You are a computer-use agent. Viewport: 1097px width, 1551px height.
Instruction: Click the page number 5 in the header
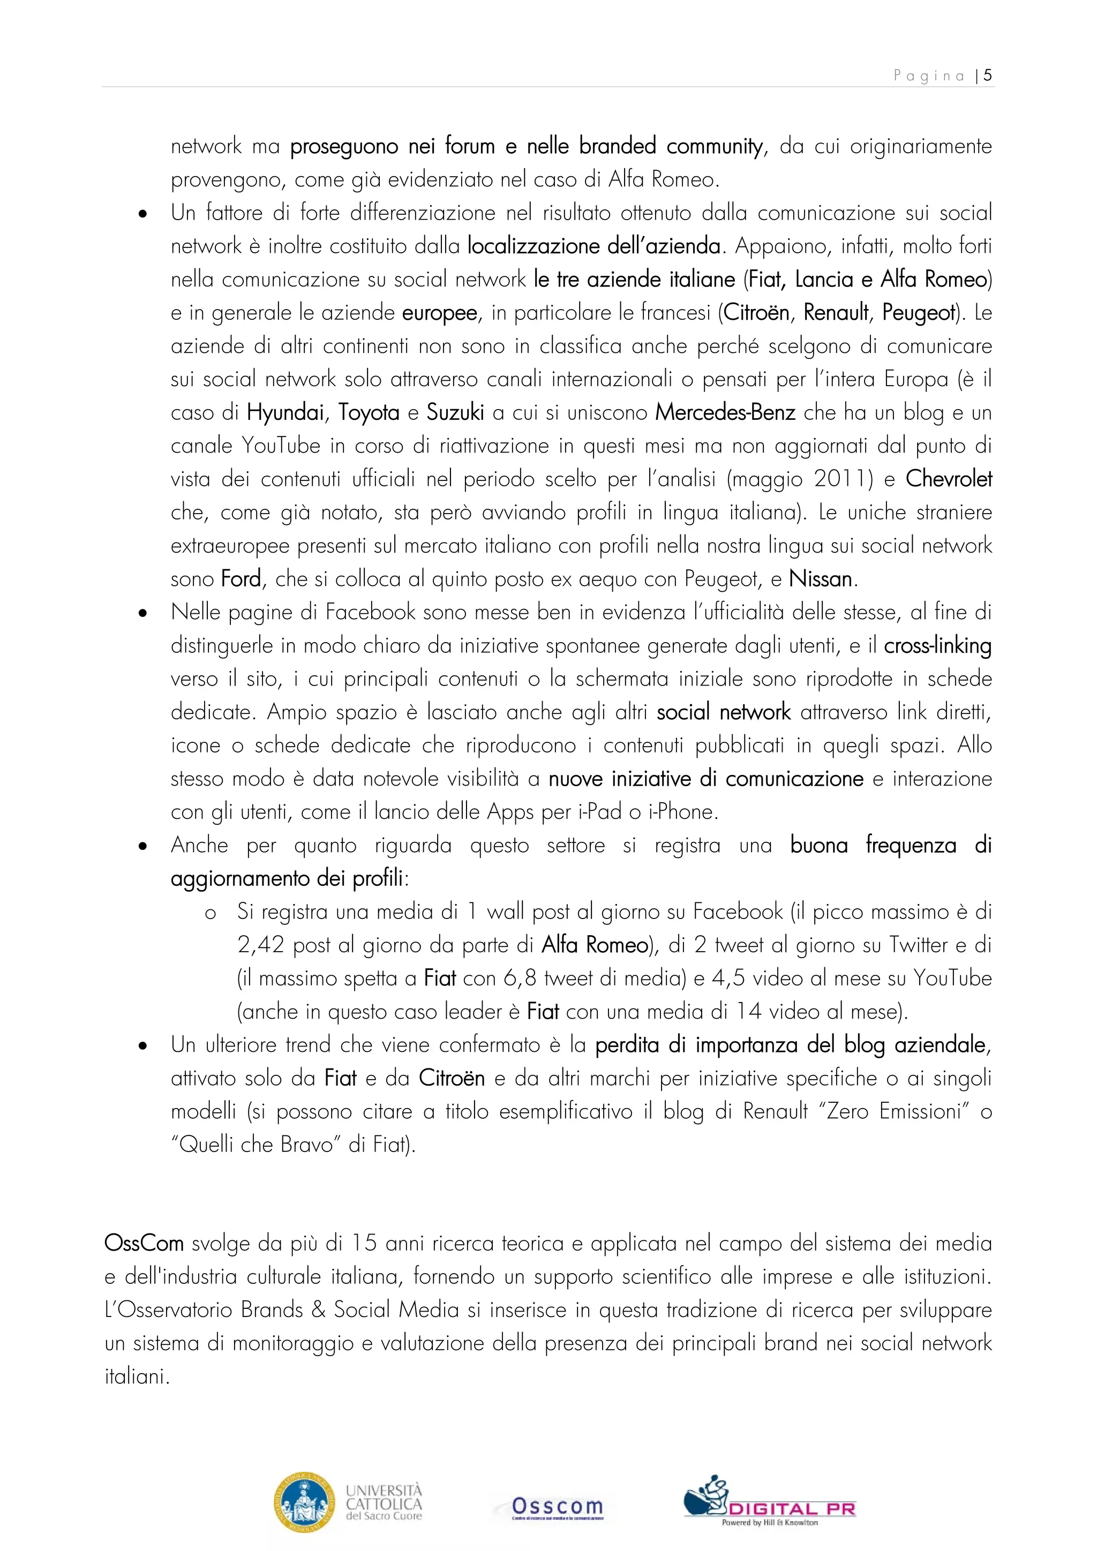point(988,75)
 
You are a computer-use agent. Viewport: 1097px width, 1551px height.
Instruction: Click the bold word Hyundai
point(285,412)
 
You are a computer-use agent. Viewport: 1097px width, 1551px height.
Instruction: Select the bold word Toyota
point(369,412)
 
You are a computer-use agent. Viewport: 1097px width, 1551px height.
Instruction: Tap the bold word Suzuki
point(455,412)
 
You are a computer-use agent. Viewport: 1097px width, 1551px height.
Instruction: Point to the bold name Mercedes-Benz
point(725,412)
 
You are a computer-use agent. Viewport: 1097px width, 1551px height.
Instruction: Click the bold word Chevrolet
point(949,479)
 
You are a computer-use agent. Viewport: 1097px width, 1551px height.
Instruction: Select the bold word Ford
point(241,579)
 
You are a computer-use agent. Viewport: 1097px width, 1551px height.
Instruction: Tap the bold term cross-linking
point(937,646)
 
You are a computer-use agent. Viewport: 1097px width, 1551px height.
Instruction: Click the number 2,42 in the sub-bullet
point(261,945)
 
